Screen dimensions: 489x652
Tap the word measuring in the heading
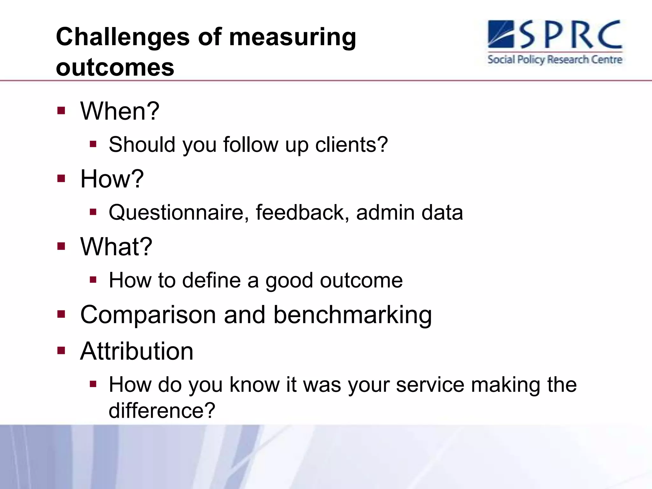(x=292, y=38)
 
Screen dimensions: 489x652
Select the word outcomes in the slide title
(x=115, y=67)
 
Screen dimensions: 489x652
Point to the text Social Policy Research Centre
(x=555, y=60)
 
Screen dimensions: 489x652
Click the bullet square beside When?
(x=61, y=111)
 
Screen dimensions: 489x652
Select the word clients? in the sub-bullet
(x=351, y=145)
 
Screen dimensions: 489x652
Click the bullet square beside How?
(x=61, y=179)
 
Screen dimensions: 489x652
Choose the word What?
(x=116, y=247)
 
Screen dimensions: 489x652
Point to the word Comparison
(x=148, y=315)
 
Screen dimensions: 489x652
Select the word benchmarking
(x=352, y=315)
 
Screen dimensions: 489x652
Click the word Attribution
(x=137, y=351)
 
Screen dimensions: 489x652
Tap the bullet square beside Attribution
(x=61, y=351)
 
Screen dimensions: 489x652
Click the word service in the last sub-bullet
(x=430, y=385)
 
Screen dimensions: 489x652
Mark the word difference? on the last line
(x=162, y=411)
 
